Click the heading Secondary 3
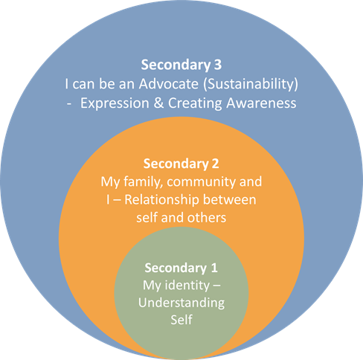point(181,65)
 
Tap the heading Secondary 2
point(181,164)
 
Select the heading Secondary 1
point(181,268)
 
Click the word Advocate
point(169,84)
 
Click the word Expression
point(115,103)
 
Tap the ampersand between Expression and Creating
point(158,103)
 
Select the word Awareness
point(261,103)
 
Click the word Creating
point(195,103)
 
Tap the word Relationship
point(161,200)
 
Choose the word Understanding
point(181,303)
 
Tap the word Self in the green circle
point(181,320)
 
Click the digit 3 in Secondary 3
point(217,65)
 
